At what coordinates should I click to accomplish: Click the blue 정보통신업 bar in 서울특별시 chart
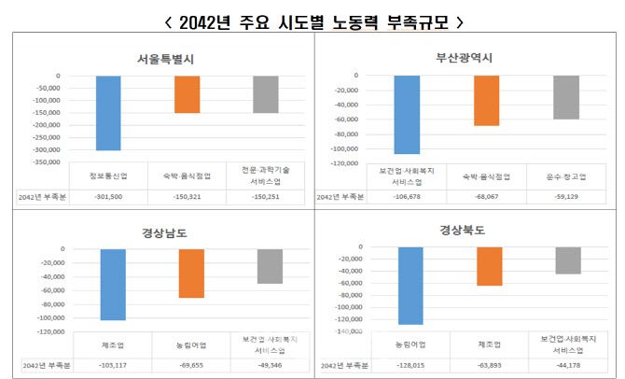click(108, 112)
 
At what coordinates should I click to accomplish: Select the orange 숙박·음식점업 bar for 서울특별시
click(187, 94)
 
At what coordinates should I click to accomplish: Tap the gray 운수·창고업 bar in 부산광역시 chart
click(566, 97)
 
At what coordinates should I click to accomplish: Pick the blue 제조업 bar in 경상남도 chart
click(113, 284)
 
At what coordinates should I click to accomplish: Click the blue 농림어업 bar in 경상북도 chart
click(410, 285)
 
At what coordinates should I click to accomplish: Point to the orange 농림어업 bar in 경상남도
click(191, 273)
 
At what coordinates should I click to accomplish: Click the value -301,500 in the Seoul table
click(108, 197)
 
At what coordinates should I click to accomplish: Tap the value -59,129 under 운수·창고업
click(566, 197)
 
